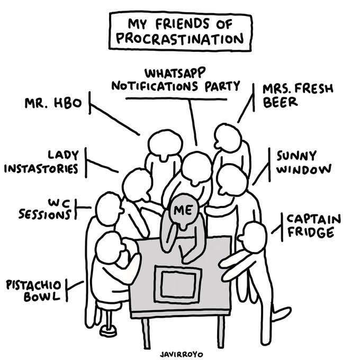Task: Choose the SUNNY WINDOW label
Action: (302, 163)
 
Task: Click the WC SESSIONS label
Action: (47, 210)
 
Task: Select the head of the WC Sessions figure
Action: (107, 206)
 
